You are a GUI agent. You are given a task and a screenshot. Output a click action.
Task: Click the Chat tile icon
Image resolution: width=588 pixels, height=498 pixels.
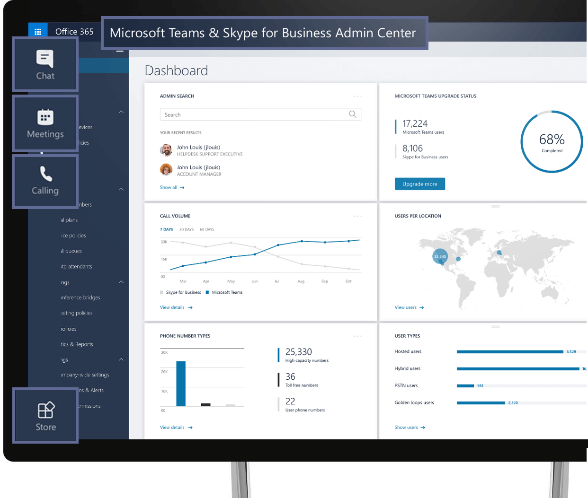[x=45, y=59]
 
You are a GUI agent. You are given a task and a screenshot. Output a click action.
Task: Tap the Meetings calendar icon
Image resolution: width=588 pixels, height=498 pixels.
[x=45, y=117]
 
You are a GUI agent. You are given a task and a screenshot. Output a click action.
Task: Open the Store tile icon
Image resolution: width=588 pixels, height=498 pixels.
[x=46, y=410]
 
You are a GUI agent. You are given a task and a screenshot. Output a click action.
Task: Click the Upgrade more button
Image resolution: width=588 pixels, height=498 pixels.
[x=419, y=184]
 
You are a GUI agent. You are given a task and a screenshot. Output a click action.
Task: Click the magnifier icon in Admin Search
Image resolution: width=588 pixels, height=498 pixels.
[x=352, y=114]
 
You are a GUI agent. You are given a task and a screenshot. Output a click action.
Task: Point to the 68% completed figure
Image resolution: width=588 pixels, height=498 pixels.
[x=552, y=140]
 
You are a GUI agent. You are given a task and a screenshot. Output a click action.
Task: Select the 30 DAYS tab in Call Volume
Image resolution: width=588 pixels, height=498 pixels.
[x=186, y=229]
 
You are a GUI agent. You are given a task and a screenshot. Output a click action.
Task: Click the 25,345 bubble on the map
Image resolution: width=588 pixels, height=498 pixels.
[x=440, y=256]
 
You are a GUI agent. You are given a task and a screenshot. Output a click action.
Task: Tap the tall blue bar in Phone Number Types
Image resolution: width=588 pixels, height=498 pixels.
[x=181, y=384]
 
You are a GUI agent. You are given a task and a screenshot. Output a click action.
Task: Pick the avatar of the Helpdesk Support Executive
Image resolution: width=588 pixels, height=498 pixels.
[x=166, y=150]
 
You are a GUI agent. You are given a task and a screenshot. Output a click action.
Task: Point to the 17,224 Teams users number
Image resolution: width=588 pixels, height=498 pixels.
[x=415, y=123]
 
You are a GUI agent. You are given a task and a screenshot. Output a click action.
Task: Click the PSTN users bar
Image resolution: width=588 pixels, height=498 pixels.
[x=465, y=386]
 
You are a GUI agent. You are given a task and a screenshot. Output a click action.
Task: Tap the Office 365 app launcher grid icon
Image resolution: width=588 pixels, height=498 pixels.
[x=38, y=32]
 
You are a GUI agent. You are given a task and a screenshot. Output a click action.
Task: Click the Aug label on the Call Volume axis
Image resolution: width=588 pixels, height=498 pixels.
[x=301, y=281]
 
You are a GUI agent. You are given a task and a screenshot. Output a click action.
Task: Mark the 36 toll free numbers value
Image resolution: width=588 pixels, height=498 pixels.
[x=290, y=377]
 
